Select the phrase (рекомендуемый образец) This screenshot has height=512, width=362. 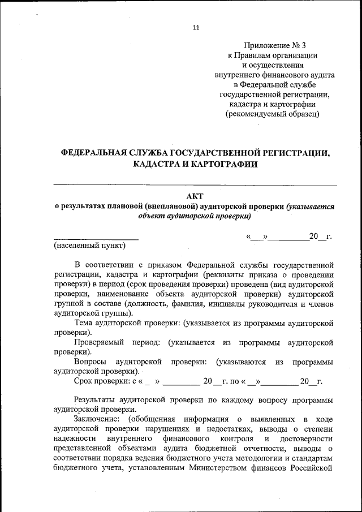pos(272,114)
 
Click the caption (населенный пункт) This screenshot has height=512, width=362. pos(89,246)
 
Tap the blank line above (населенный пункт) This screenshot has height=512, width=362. pos(96,238)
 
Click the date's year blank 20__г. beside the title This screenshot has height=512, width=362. pos(320,236)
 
